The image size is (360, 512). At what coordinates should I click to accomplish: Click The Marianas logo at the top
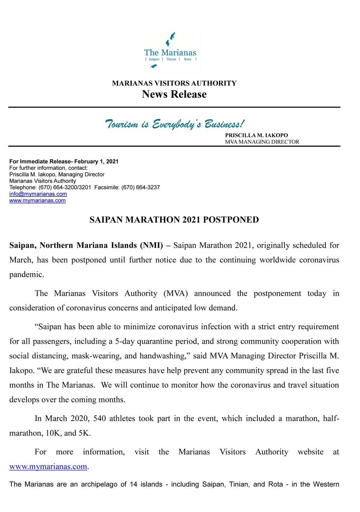170,51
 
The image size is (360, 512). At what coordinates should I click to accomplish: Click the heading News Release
174,94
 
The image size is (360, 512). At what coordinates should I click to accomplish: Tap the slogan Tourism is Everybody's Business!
174,124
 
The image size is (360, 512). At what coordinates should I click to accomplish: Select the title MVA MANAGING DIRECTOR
262,142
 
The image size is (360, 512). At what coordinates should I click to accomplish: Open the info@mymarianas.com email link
38,194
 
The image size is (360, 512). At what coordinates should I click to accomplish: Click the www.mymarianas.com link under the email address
37,200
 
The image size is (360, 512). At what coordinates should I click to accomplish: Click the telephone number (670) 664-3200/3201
65,187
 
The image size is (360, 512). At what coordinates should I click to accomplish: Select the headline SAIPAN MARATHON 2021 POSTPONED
174,220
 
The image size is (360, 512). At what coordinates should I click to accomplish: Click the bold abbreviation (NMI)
151,245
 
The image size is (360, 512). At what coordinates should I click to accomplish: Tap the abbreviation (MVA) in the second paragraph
176,293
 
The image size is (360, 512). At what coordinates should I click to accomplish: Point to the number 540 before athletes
99,418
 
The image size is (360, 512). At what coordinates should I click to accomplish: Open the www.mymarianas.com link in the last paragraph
48,467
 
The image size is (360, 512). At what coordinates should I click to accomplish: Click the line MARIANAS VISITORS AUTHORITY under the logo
174,83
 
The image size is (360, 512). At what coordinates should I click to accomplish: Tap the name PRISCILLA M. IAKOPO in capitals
256,135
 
